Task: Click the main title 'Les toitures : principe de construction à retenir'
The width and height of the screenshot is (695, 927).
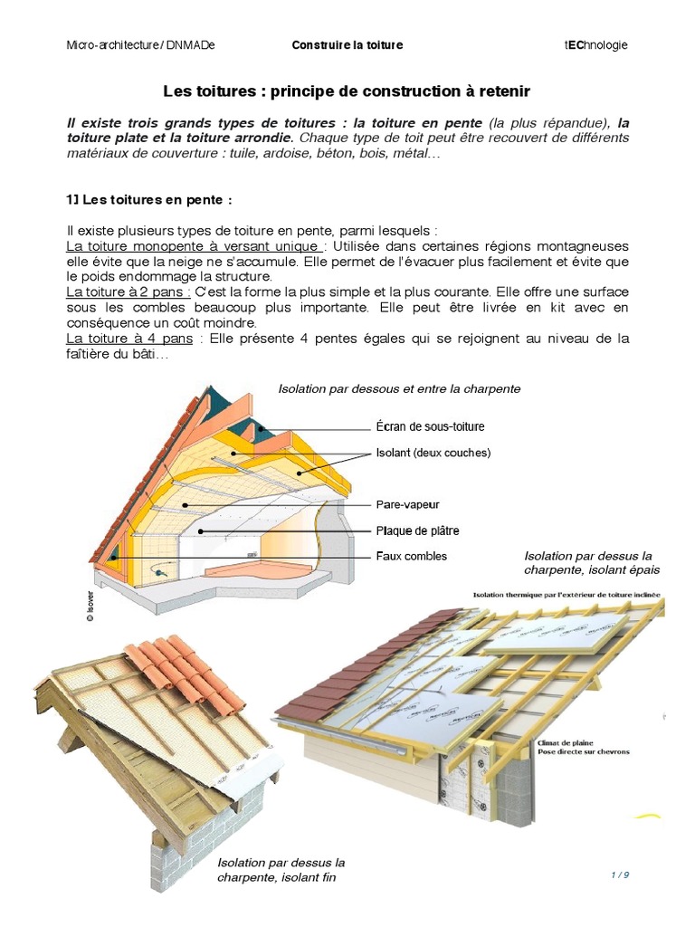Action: click(x=347, y=91)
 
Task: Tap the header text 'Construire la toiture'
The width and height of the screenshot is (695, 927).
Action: click(x=347, y=45)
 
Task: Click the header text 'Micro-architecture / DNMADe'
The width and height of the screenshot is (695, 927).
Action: click(x=141, y=45)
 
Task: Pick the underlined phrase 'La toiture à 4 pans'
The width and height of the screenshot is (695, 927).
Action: click(x=129, y=339)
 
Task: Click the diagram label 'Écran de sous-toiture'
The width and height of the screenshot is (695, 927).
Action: click(x=430, y=426)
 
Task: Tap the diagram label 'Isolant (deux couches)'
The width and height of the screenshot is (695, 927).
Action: click(x=433, y=452)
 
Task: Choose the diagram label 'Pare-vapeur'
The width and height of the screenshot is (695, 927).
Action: click(x=407, y=504)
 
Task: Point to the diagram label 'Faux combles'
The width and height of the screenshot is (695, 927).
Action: click(x=411, y=556)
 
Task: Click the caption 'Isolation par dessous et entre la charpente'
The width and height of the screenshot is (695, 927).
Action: click(x=399, y=388)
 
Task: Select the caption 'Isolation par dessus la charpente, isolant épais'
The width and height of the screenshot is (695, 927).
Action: click(x=592, y=562)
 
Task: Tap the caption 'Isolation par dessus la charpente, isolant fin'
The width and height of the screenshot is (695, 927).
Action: click(x=281, y=870)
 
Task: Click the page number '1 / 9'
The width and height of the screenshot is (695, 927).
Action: click(x=620, y=874)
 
